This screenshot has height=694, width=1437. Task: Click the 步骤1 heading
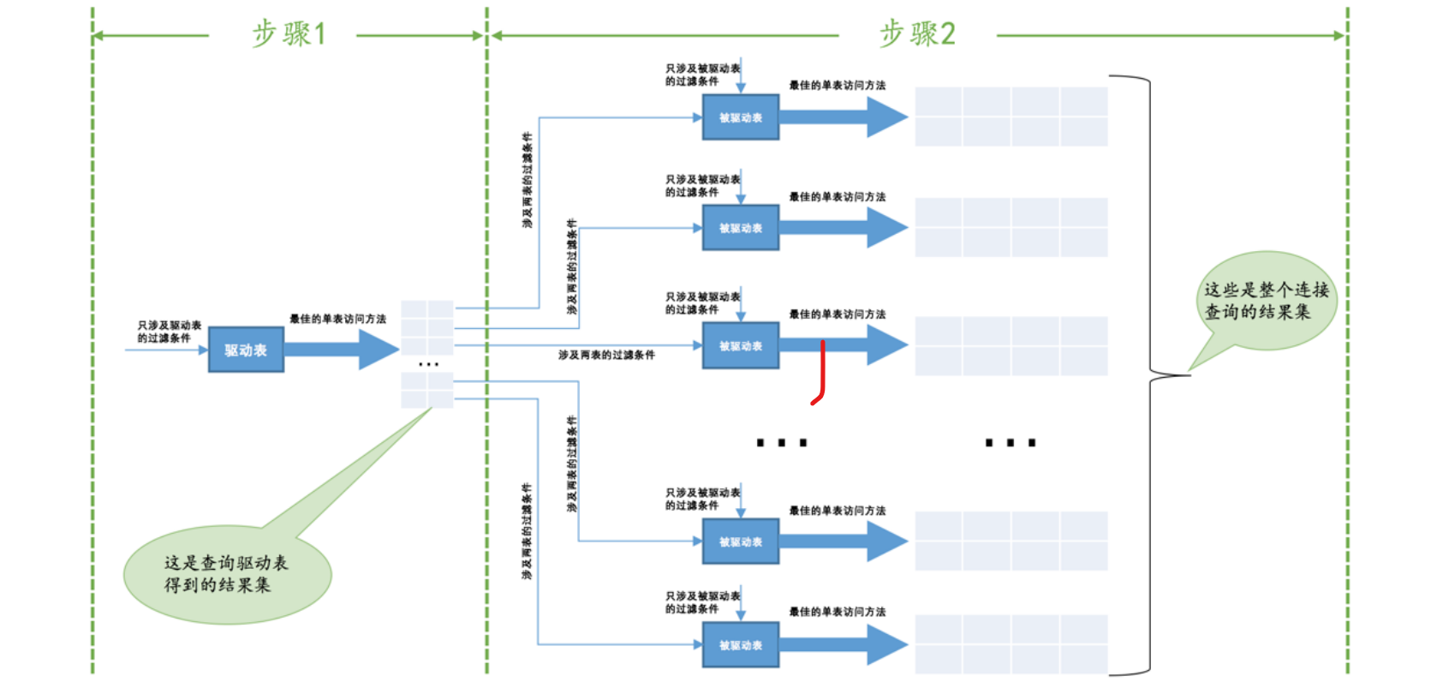pyautogui.click(x=289, y=34)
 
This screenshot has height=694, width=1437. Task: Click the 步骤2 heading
pyautogui.click(x=917, y=34)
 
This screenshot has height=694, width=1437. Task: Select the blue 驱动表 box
pyautogui.click(x=246, y=350)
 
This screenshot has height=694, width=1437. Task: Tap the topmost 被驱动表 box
pyautogui.click(x=740, y=117)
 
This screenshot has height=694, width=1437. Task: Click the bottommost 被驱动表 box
pyautogui.click(x=740, y=645)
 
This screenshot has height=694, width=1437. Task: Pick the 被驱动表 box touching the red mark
pyautogui.click(x=740, y=346)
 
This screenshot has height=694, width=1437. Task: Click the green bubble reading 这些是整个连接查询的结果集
pyautogui.click(x=1266, y=301)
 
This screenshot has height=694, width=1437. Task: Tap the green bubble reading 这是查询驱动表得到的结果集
pyautogui.click(x=227, y=574)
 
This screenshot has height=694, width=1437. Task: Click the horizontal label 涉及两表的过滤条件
pyautogui.click(x=606, y=355)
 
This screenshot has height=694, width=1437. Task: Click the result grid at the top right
pyautogui.click(x=1011, y=117)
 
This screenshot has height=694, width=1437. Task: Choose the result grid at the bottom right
pyautogui.click(x=1011, y=643)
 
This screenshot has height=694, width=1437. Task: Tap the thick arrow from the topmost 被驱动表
pyautogui.click(x=844, y=117)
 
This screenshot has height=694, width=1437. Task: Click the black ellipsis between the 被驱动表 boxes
pyautogui.click(x=781, y=443)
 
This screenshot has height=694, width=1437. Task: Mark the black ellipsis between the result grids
pyautogui.click(x=1011, y=443)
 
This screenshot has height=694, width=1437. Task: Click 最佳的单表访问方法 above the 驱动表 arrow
pyautogui.click(x=337, y=319)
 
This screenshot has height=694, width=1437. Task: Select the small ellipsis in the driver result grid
pyautogui.click(x=428, y=365)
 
